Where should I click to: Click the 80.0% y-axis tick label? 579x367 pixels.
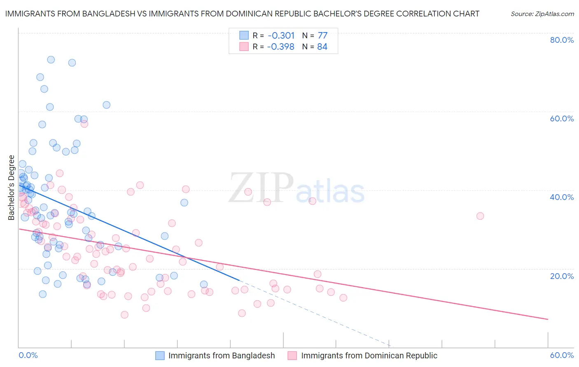pyautogui.click(x=562, y=40)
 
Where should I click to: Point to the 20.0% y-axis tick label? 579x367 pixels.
pyautogui.click(x=562, y=276)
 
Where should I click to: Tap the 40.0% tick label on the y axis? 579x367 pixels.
pyautogui.click(x=562, y=197)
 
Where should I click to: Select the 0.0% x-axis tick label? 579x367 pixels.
pyautogui.click(x=28, y=355)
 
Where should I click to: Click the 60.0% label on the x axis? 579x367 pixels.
pyautogui.click(x=562, y=355)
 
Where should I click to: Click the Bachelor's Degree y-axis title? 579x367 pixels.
pyautogui.click(x=12, y=188)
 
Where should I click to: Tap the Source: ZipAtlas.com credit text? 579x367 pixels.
pyautogui.click(x=542, y=14)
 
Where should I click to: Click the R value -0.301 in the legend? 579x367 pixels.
pyautogui.click(x=281, y=35)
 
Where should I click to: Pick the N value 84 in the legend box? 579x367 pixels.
pyautogui.click(x=322, y=46)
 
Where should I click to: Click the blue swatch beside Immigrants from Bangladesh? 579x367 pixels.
pyautogui.click(x=160, y=355)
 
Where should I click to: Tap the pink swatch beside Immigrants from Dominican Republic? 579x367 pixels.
pyautogui.click(x=292, y=355)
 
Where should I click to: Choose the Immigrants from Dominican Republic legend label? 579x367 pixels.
pyautogui.click(x=369, y=355)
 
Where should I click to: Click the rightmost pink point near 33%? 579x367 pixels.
pyautogui.click(x=480, y=216)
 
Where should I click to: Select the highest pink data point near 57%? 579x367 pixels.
pyautogui.click(x=84, y=124)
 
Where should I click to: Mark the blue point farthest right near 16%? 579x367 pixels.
pyautogui.click(x=203, y=284)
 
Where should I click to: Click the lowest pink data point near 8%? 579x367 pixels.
pyautogui.click(x=124, y=315)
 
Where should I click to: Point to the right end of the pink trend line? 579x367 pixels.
pyautogui.click(x=548, y=319)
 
